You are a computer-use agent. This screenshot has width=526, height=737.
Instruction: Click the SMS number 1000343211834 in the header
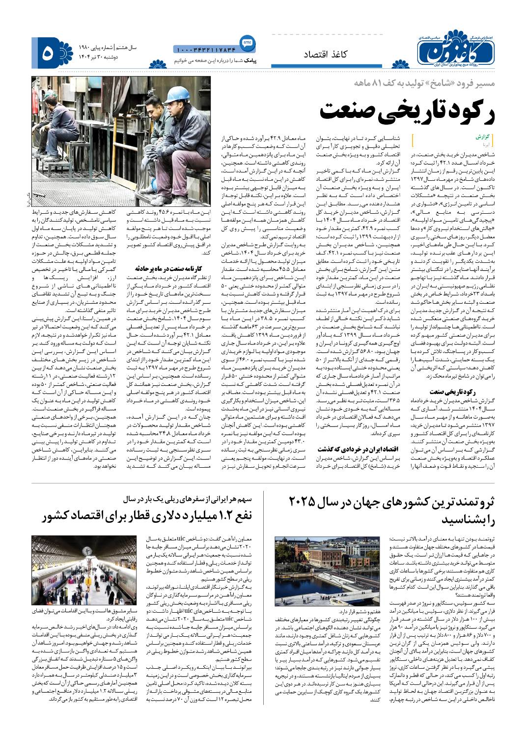[205, 49]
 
